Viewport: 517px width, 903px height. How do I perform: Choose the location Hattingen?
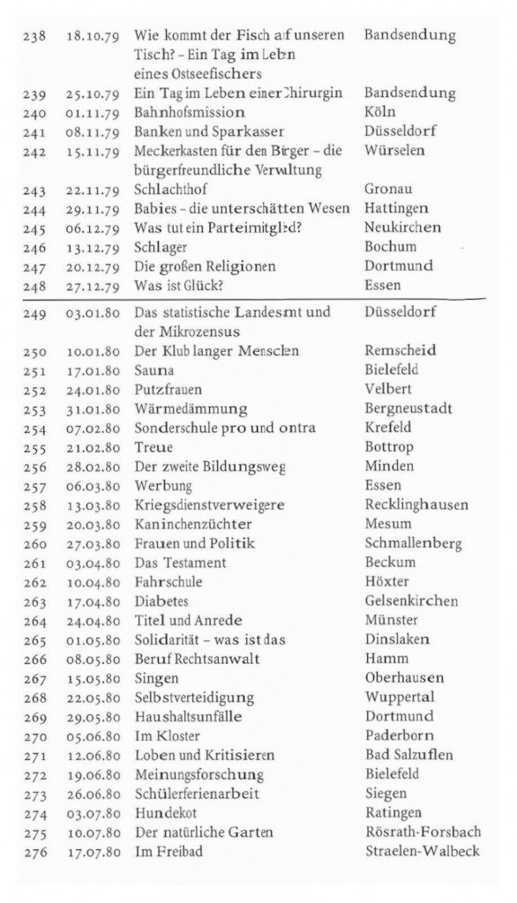[x=396, y=208]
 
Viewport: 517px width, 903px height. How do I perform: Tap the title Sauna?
[x=154, y=369]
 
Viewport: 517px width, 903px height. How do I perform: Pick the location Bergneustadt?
[x=408, y=408]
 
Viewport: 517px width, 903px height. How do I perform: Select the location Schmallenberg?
[x=413, y=543]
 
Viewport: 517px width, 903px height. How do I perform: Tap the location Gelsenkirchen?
[x=411, y=601]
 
